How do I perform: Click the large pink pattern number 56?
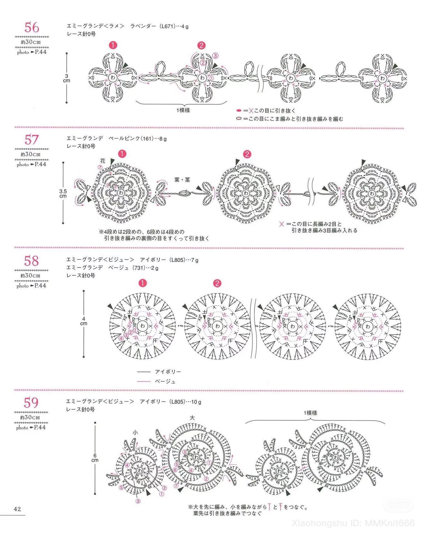tap(32, 27)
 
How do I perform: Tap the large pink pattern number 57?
tap(32, 140)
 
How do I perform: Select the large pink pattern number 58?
tap(32, 261)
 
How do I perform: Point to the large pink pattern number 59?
tap(31, 403)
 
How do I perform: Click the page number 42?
tap(17, 509)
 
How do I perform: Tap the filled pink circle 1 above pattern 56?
tap(113, 45)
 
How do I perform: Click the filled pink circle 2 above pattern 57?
tap(247, 154)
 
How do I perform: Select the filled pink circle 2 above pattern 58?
tap(217, 283)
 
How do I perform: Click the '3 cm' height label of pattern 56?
tap(67, 78)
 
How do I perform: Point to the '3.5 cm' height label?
tap(63, 194)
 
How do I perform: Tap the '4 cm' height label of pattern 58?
tap(84, 321)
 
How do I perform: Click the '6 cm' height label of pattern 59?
tap(95, 458)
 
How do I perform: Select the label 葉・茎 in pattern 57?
tap(182, 180)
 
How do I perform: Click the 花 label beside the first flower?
tap(103, 161)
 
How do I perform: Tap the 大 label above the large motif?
tap(192, 418)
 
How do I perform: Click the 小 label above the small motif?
tap(135, 433)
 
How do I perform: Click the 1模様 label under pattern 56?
tap(183, 110)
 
